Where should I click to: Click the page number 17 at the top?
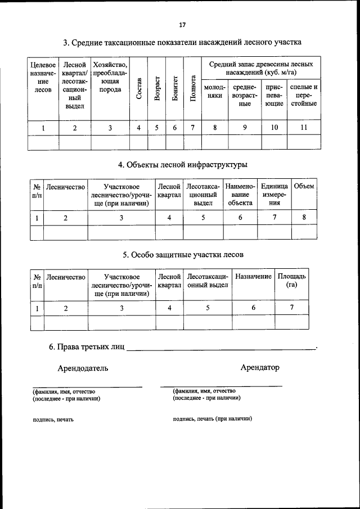182,25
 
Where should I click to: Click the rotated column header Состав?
139,88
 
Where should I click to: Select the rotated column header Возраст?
157,88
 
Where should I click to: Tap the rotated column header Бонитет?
175,88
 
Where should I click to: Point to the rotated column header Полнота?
192,88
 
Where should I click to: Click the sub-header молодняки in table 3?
214,92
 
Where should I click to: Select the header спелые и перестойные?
303,95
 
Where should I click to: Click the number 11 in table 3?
303,128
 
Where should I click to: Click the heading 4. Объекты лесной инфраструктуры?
182,164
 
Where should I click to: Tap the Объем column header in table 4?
304,186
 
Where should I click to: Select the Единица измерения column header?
274,195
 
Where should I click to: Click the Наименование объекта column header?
240,195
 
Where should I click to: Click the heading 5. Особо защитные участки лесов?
183,254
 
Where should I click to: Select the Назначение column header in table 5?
253,277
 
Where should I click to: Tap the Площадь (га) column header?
291,281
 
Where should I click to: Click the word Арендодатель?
83,368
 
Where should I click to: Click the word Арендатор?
259,367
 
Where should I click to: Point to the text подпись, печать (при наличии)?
213,419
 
